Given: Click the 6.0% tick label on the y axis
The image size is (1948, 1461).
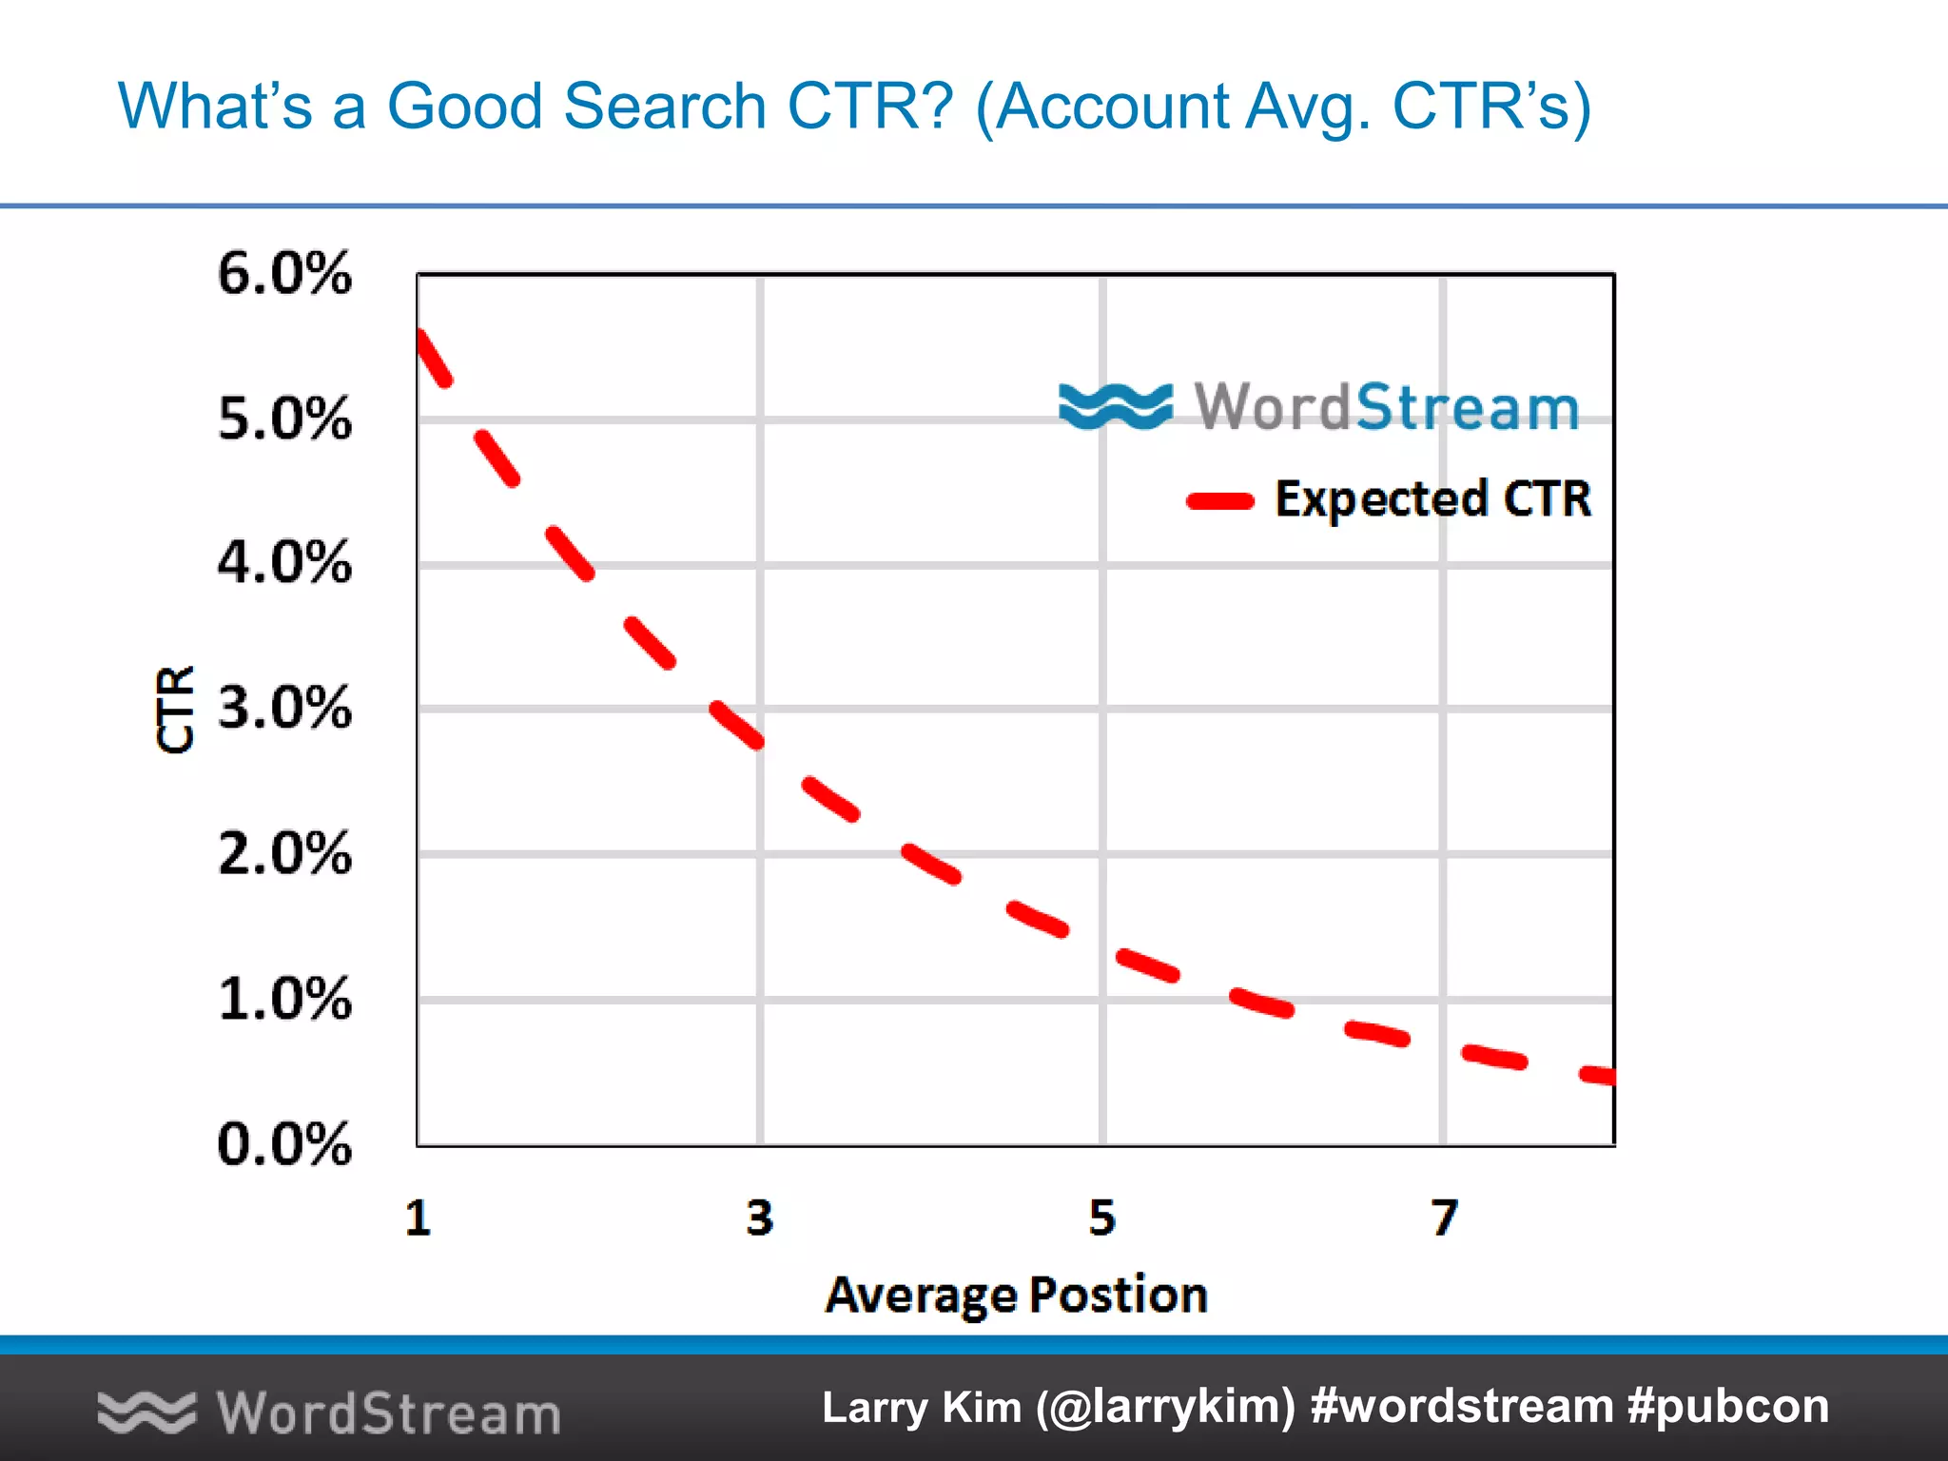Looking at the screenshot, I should pyautogui.click(x=284, y=274).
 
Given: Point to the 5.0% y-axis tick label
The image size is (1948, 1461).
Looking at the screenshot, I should pyautogui.click(x=284, y=419).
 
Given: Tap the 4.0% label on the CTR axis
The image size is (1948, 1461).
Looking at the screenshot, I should pyautogui.click(x=284, y=563).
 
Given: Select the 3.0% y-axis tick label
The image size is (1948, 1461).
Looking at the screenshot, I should pyautogui.click(x=284, y=709).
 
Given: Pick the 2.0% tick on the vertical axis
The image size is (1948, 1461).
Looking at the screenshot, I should pyautogui.click(x=284, y=853).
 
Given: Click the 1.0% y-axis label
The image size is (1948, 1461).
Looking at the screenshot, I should pyautogui.click(x=284, y=999).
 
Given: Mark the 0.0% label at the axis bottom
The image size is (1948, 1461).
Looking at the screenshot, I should pyautogui.click(x=284, y=1143).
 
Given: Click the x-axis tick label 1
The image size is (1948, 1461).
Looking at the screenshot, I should pyautogui.click(x=419, y=1218).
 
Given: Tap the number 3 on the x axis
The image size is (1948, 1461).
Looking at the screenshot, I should pyautogui.click(x=760, y=1218).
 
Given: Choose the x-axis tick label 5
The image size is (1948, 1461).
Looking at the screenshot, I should pyautogui.click(x=1102, y=1218).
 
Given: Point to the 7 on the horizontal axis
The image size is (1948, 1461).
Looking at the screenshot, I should pyautogui.click(x=1444, y=1218).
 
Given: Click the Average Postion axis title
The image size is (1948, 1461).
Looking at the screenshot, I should pyautogui.click(x=1016, y=1295).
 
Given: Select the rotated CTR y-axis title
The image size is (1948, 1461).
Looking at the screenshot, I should pyautogui.click(x=175, y=710).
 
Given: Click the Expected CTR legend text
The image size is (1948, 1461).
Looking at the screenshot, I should pyautogui.click(x=1432, y=499).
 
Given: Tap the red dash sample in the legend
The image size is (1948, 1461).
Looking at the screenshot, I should pyautogui.click(x=1220, y=501).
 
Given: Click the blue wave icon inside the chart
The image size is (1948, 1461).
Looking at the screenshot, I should pyautogui.click(x=1116, y=406).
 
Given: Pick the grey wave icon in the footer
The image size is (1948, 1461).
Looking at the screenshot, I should pyautogui.click(x=146, y=1412).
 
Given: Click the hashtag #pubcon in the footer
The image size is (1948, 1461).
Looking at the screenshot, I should pyautogui.click(x=1728, y=1407).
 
